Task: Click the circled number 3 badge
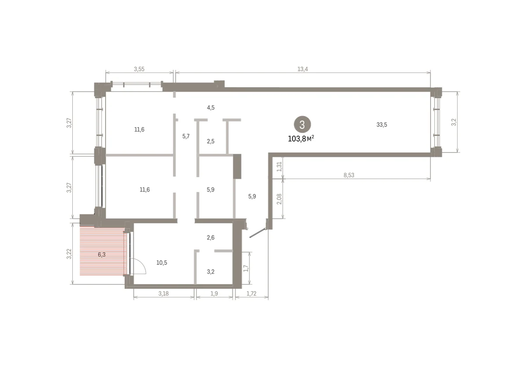pos(302,124)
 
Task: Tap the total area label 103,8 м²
pos(301,139)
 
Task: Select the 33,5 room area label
pos(382,124)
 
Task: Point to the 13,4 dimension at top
pos(302,69)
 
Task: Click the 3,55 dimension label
pos(139,69)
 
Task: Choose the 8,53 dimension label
pos(349,175)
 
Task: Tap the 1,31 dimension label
pos(279,167)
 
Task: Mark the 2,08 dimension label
pos(279,199)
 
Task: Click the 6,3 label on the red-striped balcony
pos(102,255)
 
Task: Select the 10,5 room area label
pos(162,263)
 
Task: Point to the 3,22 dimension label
pos(69,254)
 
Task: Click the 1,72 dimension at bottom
pos(251,293)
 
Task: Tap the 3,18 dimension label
pos(163,293)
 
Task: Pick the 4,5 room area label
pos(211,107)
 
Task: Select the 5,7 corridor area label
pos(186,136)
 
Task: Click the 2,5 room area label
pos(211,141)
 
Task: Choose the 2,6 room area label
pos(211,238)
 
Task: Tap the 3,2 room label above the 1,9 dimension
pos(211,272)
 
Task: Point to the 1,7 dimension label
pos(246,268)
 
